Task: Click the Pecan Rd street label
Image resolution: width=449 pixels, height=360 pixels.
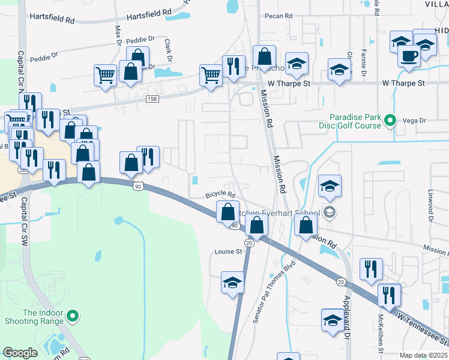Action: pos(280,16)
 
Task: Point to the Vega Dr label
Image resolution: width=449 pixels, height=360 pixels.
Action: pos(414,121)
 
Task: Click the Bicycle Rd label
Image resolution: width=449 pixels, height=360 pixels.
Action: pos(219,194)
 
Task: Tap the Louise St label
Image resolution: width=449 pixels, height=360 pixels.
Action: pos(228,251)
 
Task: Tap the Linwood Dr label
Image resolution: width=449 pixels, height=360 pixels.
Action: pos(430,205)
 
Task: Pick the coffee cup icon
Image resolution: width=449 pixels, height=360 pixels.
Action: pos(409,56)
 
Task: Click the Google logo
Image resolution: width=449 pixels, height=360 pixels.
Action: pos(20,353)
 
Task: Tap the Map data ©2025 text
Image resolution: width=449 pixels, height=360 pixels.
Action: pos(423,355)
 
